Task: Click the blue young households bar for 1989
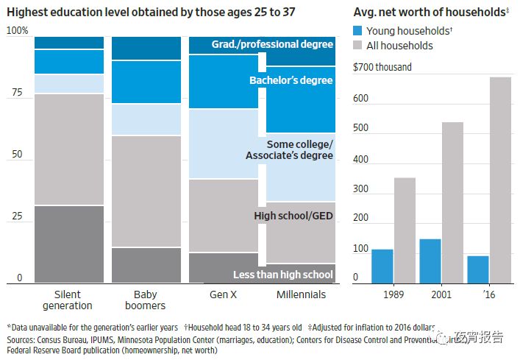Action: [x=382, y=266]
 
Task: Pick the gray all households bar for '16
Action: [x=500, y=180]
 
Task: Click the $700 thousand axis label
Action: [x=382, y=68]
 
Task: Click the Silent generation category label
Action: [x=68, y=300]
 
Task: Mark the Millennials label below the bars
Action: [x=300, y=294]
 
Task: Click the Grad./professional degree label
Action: [x=272, y=45]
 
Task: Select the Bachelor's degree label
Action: [x=291, y=80]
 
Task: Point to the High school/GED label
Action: [x=293, y=216]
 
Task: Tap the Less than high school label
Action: [x=283, y=275]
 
